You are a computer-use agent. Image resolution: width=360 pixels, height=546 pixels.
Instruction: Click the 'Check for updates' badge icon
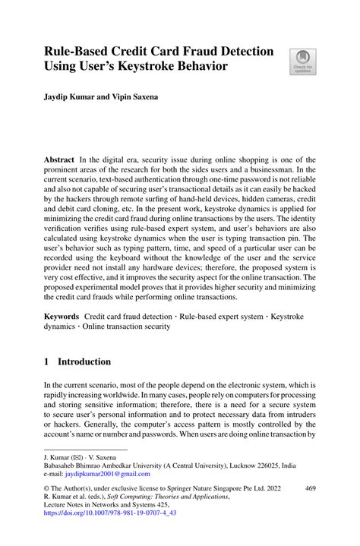tap(302, 58)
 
